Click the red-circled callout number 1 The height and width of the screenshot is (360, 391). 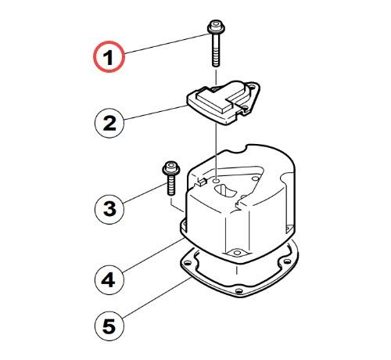tap(109, 56)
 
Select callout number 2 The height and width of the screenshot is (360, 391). tap(109, 123)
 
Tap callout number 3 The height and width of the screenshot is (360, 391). tap(109, 209)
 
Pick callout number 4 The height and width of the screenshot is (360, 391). tap(109, 280)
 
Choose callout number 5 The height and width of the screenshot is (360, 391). tap(109, 326)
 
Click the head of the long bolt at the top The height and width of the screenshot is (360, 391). tap(216, 27)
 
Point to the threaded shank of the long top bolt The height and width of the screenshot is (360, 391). tap(216, 50)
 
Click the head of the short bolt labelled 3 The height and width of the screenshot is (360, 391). tap(171, 168)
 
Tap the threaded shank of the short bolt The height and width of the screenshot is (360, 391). tap(171, 185)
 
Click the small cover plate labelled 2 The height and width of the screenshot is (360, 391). tap(224, 103)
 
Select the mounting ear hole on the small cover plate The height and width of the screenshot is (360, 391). tap(252, 87)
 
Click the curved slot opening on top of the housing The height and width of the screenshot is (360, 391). tap(224, 191)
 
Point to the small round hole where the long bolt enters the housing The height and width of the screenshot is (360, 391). tap(216, 181)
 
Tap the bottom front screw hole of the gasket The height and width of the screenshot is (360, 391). tap(239, 290)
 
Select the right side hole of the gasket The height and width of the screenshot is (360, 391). tap(287, 261)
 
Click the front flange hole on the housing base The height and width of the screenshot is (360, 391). tap(236, 253)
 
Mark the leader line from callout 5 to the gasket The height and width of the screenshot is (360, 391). tap(156, 297)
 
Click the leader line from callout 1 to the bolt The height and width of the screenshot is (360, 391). tap(167, 44)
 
